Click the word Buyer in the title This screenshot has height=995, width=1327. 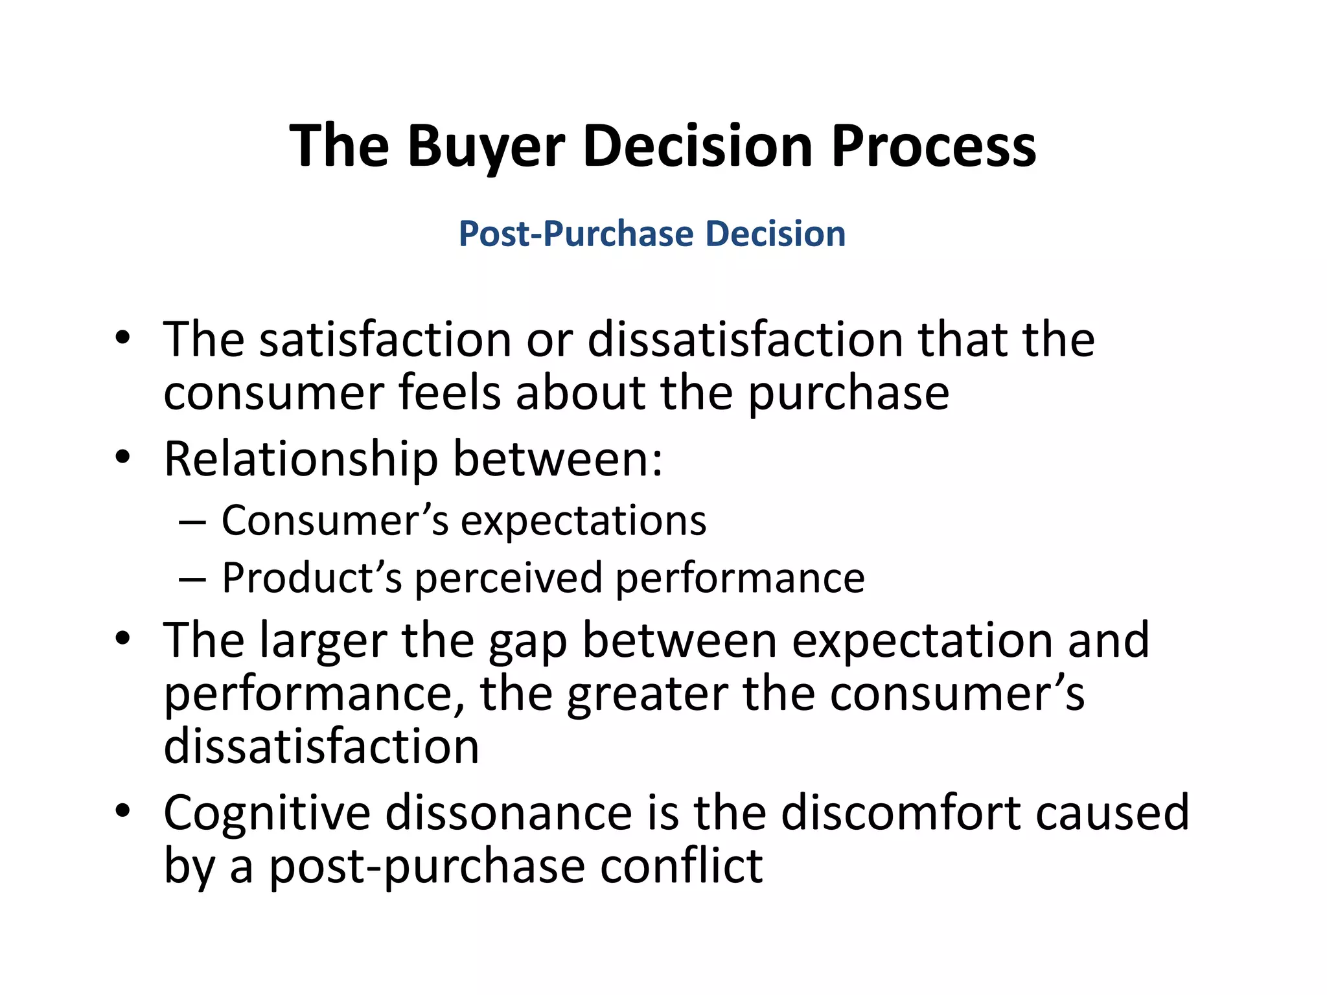(486, 146)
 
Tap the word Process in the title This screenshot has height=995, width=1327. (934, 146)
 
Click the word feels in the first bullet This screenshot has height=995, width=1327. (450, 393)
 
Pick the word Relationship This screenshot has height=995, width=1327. (301, 459)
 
